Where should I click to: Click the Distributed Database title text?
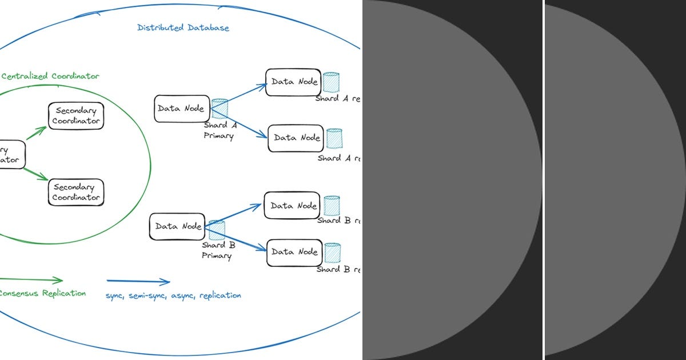pos(184,27)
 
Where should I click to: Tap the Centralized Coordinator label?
pos(50,76)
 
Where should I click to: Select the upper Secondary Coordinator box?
pos(76,116)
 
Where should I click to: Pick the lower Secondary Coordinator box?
pos(76,193)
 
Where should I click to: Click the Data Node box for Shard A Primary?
pos(181,109)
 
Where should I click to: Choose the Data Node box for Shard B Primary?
pos(177,226)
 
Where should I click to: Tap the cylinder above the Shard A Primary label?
pos(220,109)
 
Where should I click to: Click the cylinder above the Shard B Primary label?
pos(216,230)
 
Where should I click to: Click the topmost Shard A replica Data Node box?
pos(292,82)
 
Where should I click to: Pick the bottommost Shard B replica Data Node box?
pos(294,252)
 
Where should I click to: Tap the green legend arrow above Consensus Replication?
pos(31,280)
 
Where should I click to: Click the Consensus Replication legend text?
pos(41,293)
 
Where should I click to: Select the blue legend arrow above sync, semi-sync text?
pos(138,281)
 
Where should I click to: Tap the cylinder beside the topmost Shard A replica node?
pos(331,82)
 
